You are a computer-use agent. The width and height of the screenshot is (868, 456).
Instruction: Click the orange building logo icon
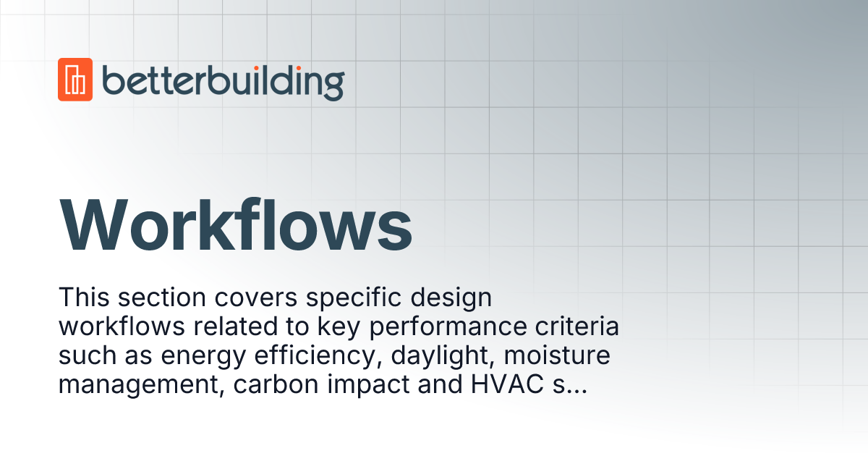tap(75, 79)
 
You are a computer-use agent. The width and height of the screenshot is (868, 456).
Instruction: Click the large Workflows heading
tap(236, 224)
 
